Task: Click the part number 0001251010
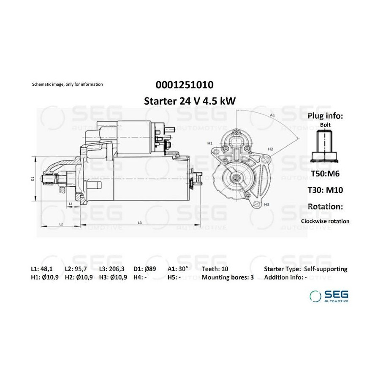185,85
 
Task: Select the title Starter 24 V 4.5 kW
190,101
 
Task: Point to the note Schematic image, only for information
68,84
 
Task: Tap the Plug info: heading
325,116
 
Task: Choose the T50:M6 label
325,174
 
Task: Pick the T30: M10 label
325,190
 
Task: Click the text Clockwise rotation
325,221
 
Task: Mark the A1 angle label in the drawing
272,115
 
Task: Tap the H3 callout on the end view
266,204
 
